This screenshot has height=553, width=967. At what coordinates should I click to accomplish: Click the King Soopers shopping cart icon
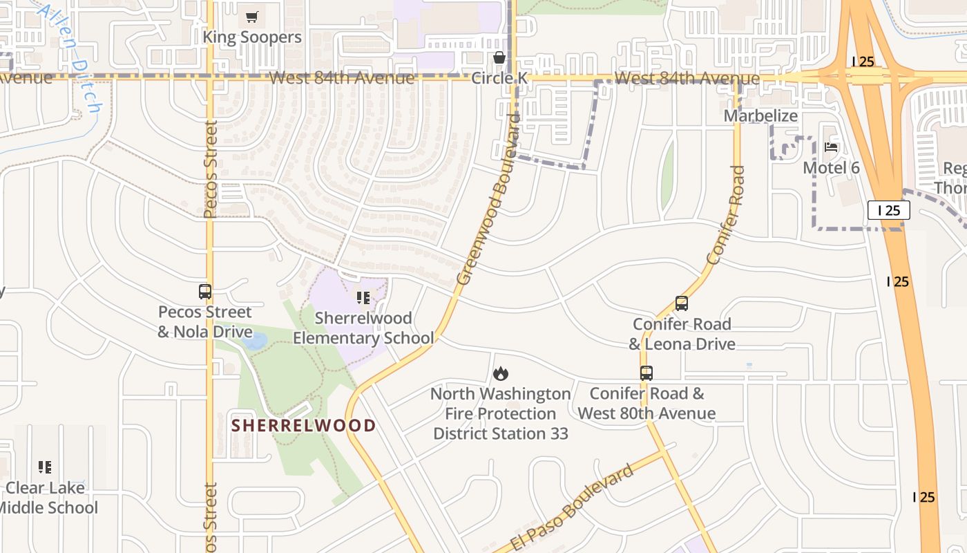[252, 17]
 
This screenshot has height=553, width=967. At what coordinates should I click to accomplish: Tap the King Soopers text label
[252, 37]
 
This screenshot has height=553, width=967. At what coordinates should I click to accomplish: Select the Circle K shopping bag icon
[499, 57]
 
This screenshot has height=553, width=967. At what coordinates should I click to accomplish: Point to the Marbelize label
[760, 115]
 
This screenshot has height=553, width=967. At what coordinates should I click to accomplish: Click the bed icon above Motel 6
[831, 147]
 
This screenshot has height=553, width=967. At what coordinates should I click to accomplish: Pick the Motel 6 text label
[831, 167]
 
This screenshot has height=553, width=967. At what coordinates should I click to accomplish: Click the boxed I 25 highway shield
[889, 210]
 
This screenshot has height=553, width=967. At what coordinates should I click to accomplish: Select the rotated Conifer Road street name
[727, 215]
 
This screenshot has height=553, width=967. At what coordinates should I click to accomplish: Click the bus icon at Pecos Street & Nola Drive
[205, 292]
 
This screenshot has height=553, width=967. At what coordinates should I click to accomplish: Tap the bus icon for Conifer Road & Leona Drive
[682, 303]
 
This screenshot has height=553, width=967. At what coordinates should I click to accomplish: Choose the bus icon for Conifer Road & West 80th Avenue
[647, 373]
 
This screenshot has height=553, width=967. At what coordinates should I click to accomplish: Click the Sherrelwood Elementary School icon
[363, 298]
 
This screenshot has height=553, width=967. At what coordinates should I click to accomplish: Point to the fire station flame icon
[501, 374]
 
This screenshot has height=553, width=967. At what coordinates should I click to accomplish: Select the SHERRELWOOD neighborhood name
[303, 425]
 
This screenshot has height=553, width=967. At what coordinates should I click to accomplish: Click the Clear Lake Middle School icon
[45, 467]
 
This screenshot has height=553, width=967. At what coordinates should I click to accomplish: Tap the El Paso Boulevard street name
[573, 508]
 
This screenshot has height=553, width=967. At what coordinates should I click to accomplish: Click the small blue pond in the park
[256, 341]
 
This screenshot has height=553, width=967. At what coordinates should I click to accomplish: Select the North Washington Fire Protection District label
[501, 413]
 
